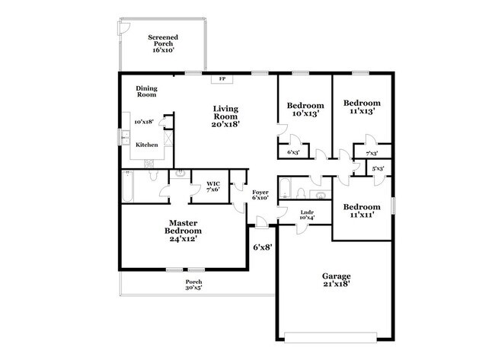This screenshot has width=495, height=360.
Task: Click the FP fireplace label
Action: click(x=222, y=78)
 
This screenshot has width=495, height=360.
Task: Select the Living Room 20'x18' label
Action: click(x=226, y=116)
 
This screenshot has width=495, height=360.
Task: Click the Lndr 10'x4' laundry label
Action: click(x=307, y=215)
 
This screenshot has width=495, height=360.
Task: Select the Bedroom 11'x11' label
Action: click(x=361, y=211)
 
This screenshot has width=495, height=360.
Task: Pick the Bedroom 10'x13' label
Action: click(x=305, y=110)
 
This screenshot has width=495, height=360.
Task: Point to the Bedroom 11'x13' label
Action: click(x=361, y=107)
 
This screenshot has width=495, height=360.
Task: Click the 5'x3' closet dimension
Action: click(x=378, y=168)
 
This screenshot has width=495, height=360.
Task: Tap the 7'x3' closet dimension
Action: click(x=372, y=154)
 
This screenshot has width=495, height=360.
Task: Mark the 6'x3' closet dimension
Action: click(x=292, y=153)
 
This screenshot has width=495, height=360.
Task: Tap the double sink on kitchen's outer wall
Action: click(x=124, y=138)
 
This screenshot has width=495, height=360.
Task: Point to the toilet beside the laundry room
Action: click(x=300, y=193)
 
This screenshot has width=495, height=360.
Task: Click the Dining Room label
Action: click(x=146, y=91)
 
